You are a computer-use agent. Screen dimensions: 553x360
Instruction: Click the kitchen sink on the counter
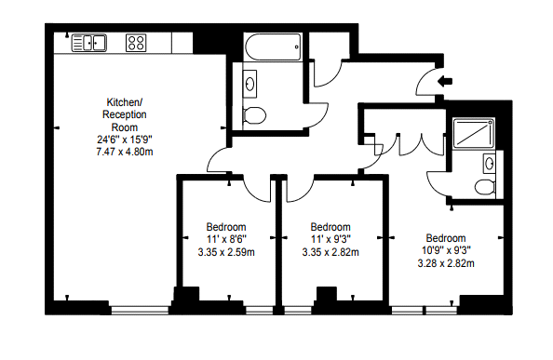[x=89, y=43]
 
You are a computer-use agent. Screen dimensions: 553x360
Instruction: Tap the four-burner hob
[x=136, y=43]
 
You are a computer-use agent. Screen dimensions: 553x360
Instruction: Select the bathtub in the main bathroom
[x=273, y=47]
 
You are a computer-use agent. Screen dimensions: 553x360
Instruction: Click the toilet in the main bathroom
[x=254, y=115]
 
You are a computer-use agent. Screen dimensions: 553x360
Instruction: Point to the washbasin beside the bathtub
[x=250, y=84]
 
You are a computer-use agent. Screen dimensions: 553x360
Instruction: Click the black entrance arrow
[x=445, y=81]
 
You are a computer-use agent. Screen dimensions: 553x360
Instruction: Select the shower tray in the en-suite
[x=474, y=133]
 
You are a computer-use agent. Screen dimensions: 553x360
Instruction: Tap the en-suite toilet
[x=485, y=187]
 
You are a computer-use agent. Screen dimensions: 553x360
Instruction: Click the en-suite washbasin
[x=489, y=163]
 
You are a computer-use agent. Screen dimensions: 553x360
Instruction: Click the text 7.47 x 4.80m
[x=125, y=152]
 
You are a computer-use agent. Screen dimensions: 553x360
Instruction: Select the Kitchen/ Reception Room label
[x=125, y=114]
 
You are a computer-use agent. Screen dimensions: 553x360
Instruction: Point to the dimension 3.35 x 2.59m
[x=226, y=252]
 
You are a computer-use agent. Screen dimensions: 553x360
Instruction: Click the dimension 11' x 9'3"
[x=330, y=239]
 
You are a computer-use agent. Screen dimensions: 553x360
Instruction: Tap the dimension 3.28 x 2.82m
[x=446, y=263]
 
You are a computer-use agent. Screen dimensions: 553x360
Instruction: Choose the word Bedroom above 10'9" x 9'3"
[x=446, y=238]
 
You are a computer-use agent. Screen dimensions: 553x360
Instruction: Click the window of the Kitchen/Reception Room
[x=140, y=310]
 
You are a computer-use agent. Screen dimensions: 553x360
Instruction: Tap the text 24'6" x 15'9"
[x=125, y=140]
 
